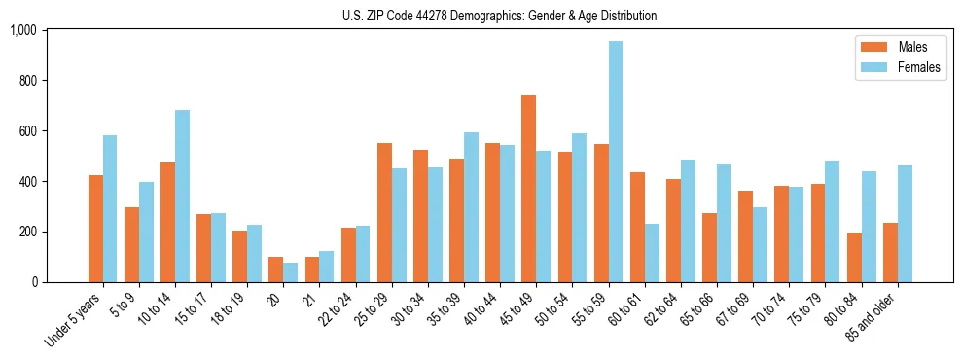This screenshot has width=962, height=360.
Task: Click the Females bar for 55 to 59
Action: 616,162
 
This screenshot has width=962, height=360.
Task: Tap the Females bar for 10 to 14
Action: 182,196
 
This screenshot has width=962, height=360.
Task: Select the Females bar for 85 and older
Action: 905,224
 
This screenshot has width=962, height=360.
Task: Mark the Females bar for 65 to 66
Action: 724,223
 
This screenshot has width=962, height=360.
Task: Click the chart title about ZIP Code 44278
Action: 499,16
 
